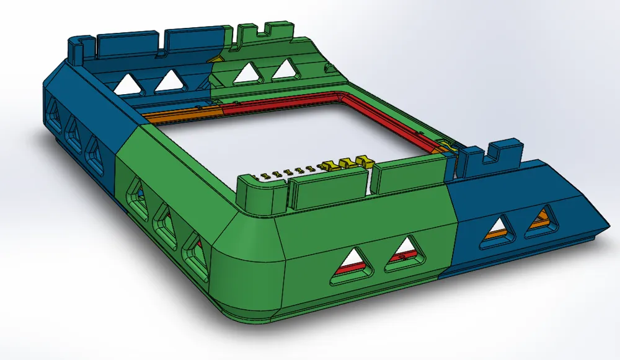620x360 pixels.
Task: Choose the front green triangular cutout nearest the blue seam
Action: point(406,255)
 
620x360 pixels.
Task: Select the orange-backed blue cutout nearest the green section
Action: point(499,230)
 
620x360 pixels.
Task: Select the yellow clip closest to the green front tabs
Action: point(363,164)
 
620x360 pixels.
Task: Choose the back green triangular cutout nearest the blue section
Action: point(247,72)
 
